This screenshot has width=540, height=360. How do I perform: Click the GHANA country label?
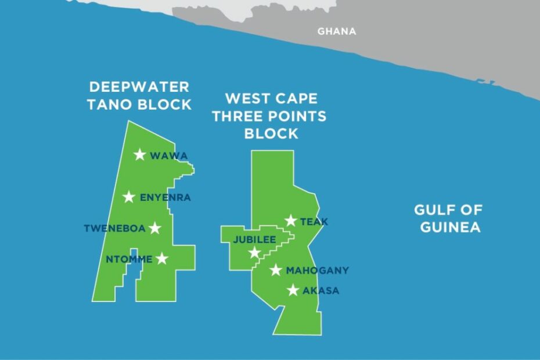pyautogui.click(x=336, y=31)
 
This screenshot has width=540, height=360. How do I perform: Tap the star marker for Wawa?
pyautogui.click(x=140, y=154)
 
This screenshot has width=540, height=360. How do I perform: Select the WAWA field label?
pyautogui.click(x=169, y=156)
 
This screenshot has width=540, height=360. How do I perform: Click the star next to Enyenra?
pyautogui.click(x=129, y=197)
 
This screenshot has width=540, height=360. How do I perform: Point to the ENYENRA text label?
pyautogui.click(x=165, y=198)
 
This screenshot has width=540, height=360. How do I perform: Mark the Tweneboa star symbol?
pyautogui.click(x=154, y=228)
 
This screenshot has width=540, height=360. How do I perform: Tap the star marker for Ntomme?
pyautogui.click(x=162, y=258)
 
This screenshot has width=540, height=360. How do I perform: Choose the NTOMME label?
pyautogui.click(x=129, y=260)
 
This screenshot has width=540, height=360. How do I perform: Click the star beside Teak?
pyautogui.click(x=291, y=220)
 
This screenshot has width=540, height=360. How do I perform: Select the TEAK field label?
pyautogui.click(x=314, y=222)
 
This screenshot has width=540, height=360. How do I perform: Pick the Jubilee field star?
pyautogui.click(x=254, y=252)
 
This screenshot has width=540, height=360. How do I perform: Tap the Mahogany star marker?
pyautogui.click(x=276, y=270)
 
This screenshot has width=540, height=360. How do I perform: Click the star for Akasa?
pyautogui.click(x=293, y=290)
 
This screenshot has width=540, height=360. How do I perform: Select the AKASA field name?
pyautogui.click(x=321, y=291)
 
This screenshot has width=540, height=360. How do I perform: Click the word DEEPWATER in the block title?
pyautogui.click(x=139, y=87)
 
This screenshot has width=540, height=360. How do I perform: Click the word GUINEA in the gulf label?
pyautogui.click(x=450, y=227)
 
